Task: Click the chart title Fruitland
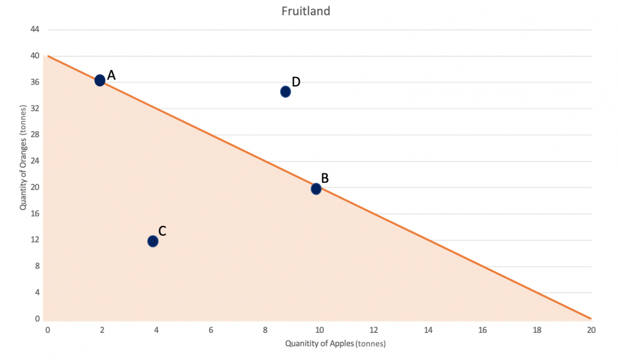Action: pos(306,11)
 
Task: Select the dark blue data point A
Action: pos(100,80)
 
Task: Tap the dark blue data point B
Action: pos(316,189)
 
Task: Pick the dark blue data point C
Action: pos(153,241)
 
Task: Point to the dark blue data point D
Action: pos(286,92)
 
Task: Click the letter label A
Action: pos(111,75)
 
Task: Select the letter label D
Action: pos(296,82)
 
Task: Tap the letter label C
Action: pos(162,231)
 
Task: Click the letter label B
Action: pos(325,178)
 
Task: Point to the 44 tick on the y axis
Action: pos(35,29)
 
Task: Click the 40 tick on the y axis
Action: pos(35,56)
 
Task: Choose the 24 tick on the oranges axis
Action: pos(35,161)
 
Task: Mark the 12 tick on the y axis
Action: pos(35,240)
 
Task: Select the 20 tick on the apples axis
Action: pos(591,330)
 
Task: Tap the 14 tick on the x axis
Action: pos(428,330)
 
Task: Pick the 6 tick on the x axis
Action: pos(211,330)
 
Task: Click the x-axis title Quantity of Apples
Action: pos(335,343)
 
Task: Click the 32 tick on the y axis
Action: pos(35,108)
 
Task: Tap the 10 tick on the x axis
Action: pos(319,330)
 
